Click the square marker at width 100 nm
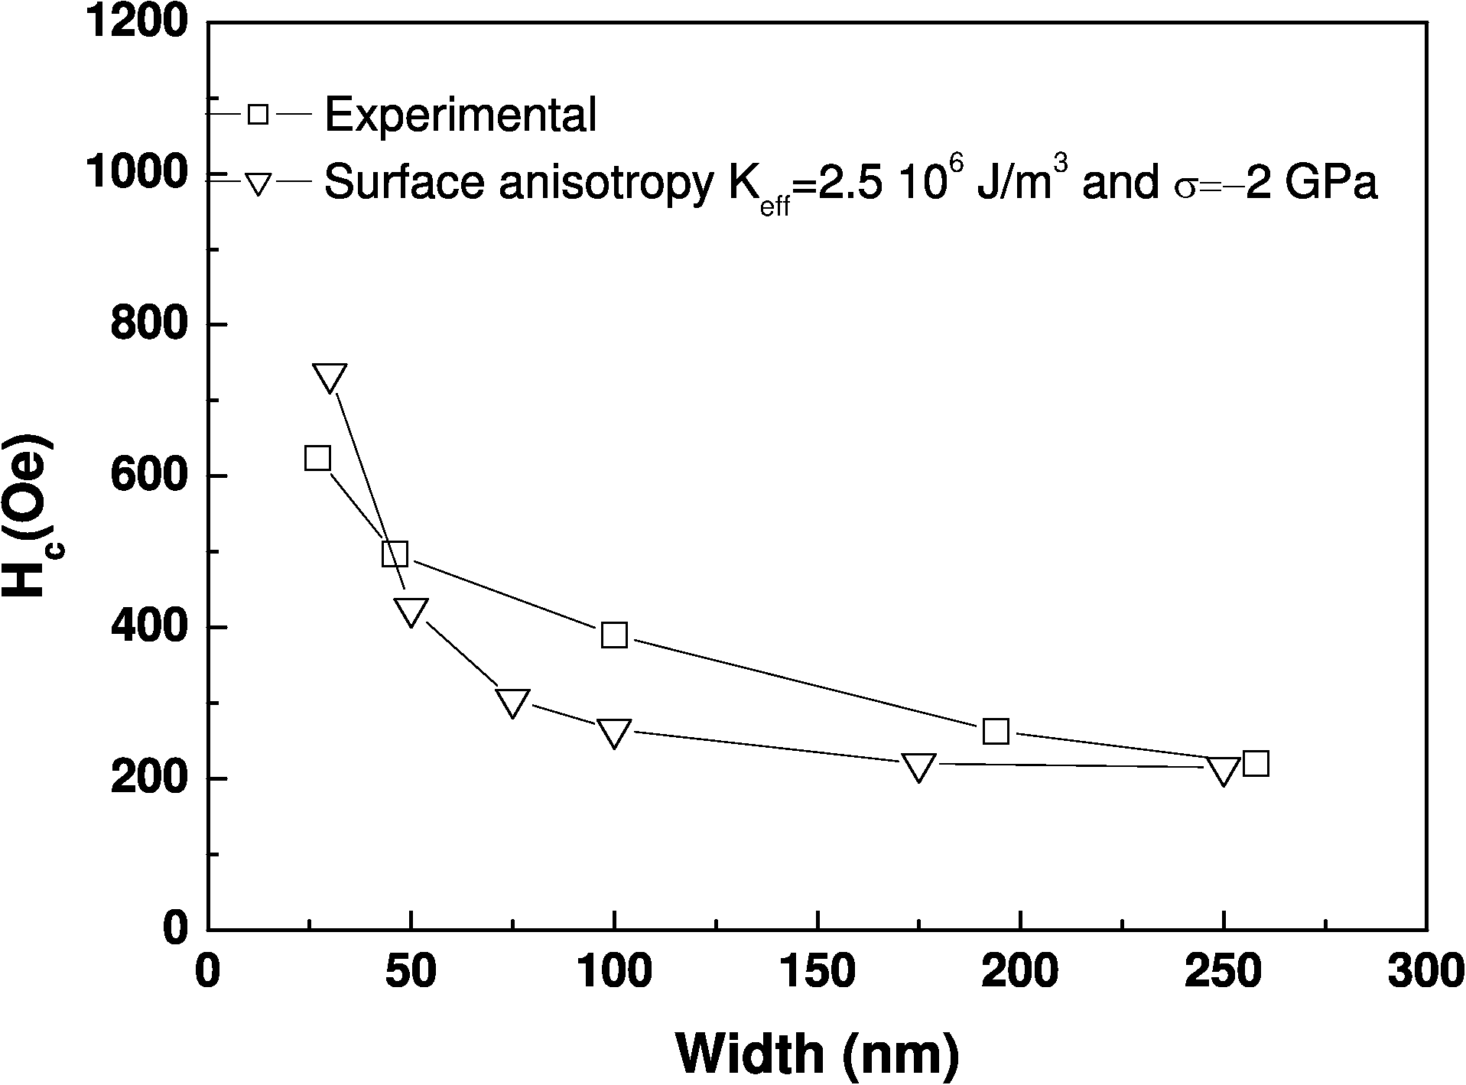[x=614, y=635]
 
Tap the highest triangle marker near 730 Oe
[x=330, y=378]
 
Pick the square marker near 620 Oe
[x=317, y=458]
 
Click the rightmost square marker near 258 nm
[x=1256, y=763]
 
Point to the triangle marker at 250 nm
[x=1224, y=771]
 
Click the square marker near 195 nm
[x=996, y=732]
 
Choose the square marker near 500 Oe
[x=395, y=554]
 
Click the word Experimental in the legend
[x=460, y=115]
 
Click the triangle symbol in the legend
[x=258, y=184]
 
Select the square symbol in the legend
[x=258, y=115]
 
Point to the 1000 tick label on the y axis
[x=135, y=174]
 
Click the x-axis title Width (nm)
[x=817, y=1054]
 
